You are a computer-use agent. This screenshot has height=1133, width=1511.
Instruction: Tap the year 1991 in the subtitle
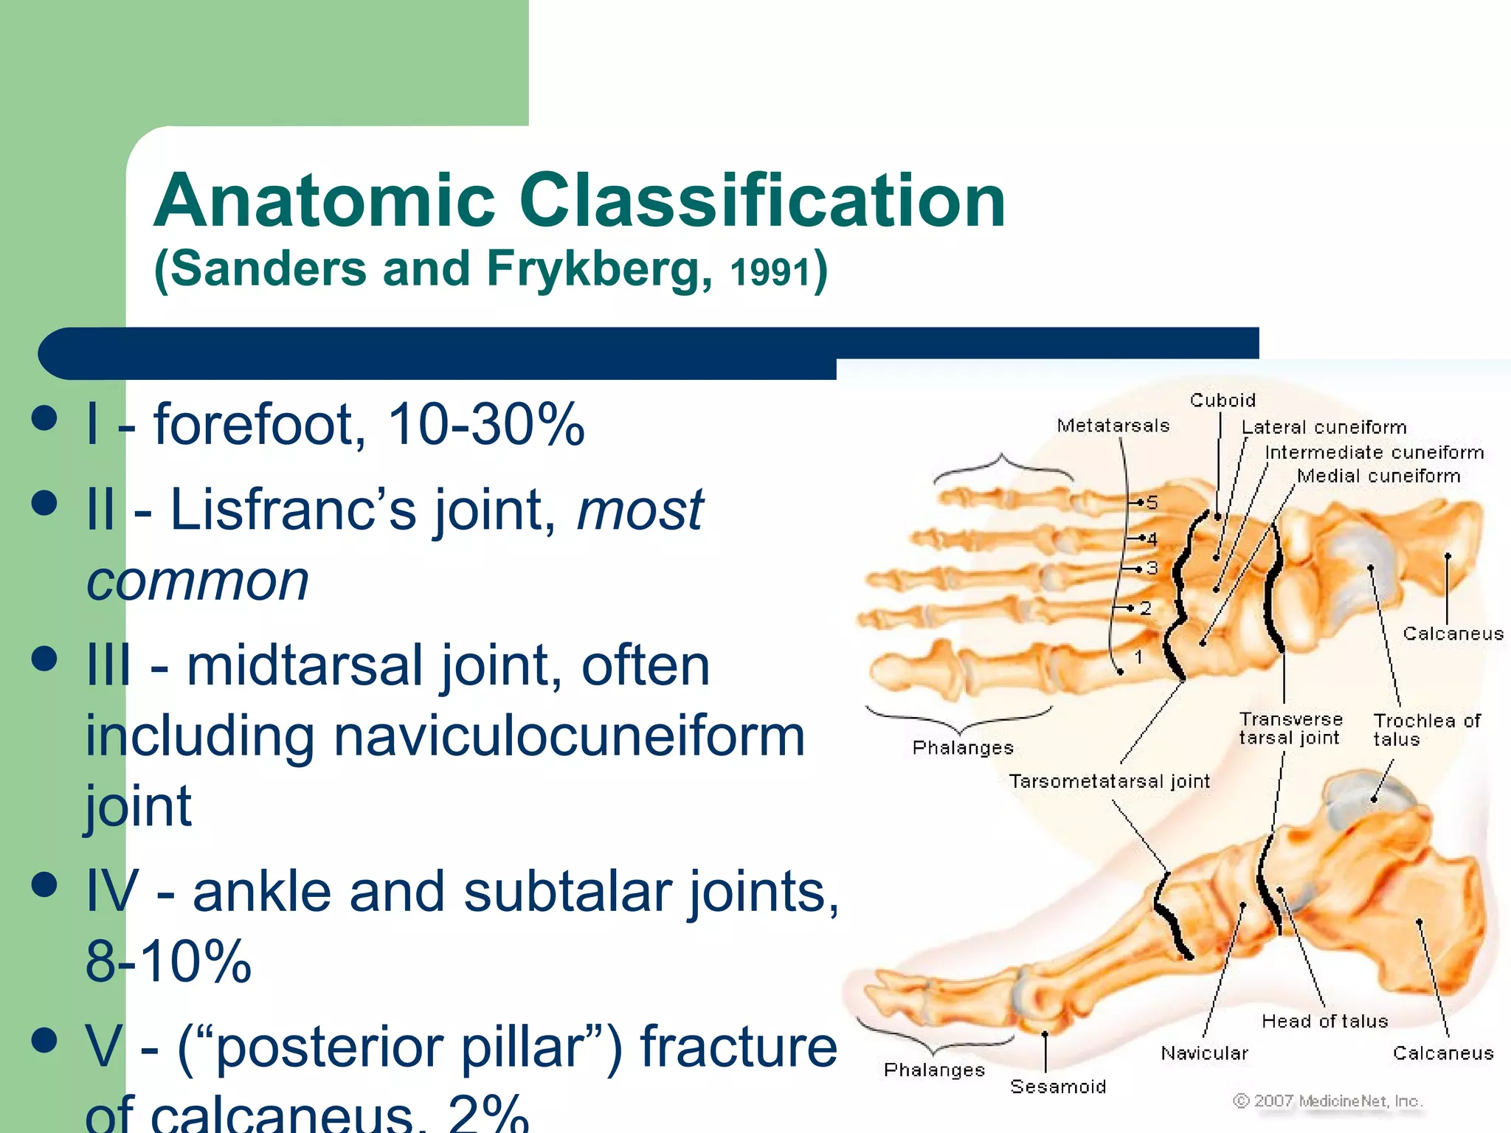tap(770, 271)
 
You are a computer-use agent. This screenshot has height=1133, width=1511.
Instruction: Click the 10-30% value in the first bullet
tap(485, 425)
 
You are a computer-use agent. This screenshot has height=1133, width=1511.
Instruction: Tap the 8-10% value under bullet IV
tap(168, 961)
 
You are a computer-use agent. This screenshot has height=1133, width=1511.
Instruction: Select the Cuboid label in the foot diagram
tap(1223, 401)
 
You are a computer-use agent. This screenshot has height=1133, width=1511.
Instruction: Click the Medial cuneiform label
tap(1378, 477)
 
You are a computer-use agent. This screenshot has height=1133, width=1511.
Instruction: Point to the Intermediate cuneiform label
tap(1374, 452)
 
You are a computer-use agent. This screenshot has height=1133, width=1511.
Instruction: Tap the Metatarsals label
tap(1113, 426)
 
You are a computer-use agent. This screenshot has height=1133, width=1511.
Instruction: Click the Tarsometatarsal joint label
tap(1109, 781)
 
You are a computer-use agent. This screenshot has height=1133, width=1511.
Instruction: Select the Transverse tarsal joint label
tap(1290, 729)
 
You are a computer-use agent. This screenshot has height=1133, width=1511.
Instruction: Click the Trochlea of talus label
tap(1426, 730)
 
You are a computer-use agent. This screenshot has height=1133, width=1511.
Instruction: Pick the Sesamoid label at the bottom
tap(1057, 1087)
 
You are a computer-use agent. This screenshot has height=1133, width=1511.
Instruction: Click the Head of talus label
tap(1324, 1022)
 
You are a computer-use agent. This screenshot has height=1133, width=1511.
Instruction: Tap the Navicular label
tap(1204, 1053)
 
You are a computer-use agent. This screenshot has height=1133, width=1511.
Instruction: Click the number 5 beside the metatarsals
tap(1152, 503)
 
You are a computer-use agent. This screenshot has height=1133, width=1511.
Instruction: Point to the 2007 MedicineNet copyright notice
tap(1327, 1101)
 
